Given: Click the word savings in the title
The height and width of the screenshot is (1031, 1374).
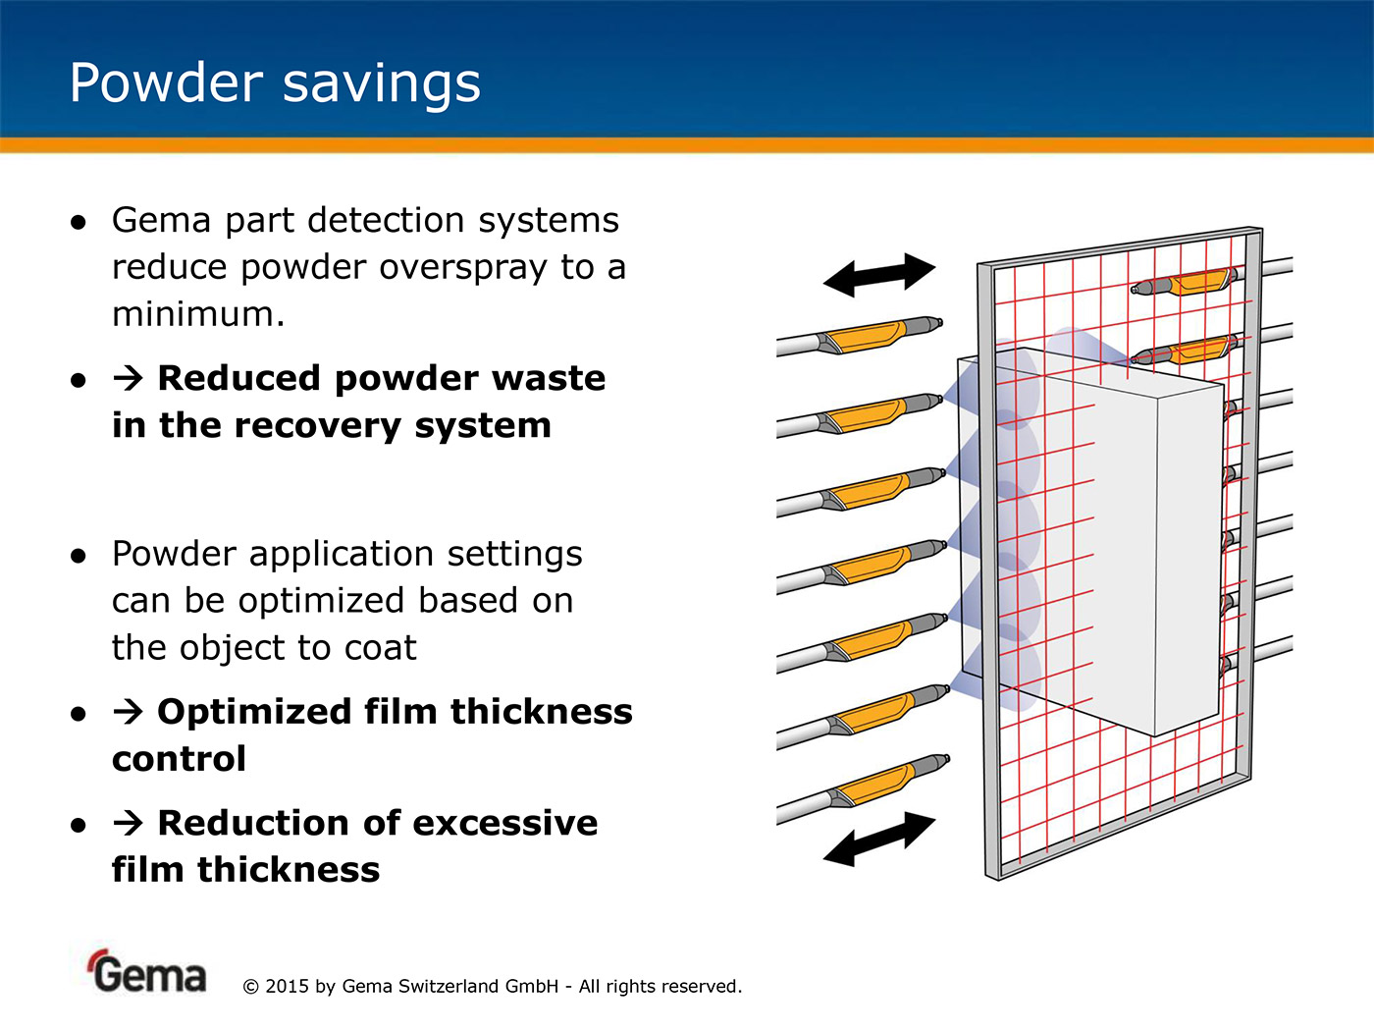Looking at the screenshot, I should (x=382, y=84).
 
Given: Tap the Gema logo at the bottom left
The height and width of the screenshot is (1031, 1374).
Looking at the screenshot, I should (x=147, y=972).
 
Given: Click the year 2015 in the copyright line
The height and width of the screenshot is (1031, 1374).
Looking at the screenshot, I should (x=287, y=986).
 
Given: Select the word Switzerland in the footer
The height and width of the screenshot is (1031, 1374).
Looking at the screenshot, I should (x=448, y=986).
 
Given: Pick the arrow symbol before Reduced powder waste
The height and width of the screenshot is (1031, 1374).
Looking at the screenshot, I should (x=129, y=378).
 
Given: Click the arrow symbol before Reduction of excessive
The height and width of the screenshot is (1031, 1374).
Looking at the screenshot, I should (x=129, y=823).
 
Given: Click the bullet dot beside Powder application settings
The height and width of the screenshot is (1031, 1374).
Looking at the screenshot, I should (x=79, y=556).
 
